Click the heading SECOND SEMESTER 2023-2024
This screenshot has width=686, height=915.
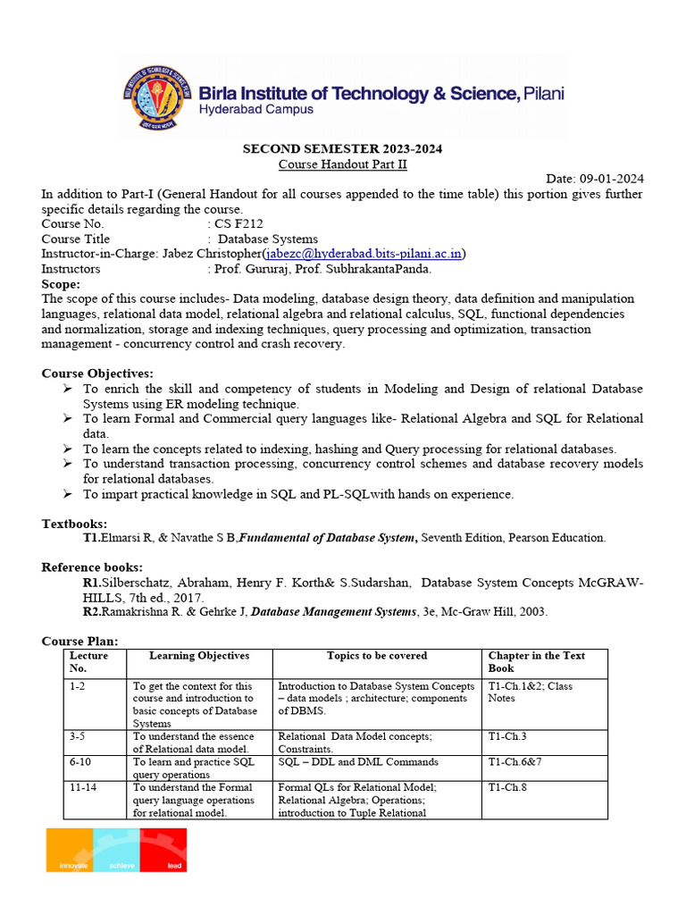click(343, 149)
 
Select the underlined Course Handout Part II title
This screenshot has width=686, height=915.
click(342, 164)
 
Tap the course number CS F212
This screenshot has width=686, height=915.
click(238, 224)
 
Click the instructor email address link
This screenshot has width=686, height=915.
click(363, 254)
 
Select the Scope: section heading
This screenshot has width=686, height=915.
click(61, 283)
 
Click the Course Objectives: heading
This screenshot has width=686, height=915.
click(97, 374)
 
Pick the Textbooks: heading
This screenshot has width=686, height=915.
click(75, 524)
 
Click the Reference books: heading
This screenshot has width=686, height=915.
click(92, 567)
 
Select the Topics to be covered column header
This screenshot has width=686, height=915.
click(376, 656)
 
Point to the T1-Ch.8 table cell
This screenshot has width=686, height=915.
click(511, 787)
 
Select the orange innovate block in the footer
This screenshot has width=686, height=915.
click(70, 851)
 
